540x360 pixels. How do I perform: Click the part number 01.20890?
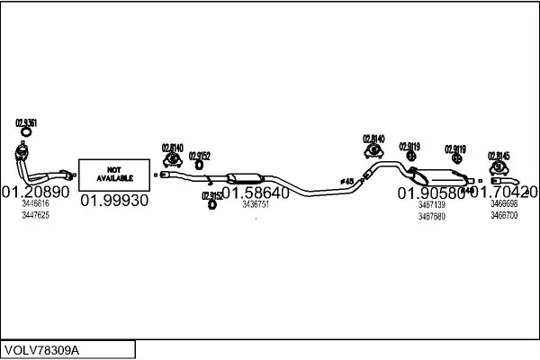pos(35,193)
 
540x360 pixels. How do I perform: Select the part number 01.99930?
pos(114,201)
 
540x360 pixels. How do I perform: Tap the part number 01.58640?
pos(256,193)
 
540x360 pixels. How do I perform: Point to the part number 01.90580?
pos(430,193)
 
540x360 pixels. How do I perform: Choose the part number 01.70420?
pos(505,192)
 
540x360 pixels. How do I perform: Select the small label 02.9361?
pos(26,123)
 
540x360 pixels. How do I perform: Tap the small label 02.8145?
pos(499,156)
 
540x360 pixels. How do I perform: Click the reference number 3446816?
pos(35,205)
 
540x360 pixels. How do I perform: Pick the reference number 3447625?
pos(35,215)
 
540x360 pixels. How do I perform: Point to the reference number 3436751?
pos(256,204)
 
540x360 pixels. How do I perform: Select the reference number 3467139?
pos(431,205)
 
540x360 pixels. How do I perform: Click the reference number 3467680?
pos(431,216)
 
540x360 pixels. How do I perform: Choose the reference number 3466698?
pos(504,205)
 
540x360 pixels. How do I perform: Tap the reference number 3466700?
pos(504,216)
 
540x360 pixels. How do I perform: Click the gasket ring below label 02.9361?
pos(25,136)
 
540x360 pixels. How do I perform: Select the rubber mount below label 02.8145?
pos(498,167)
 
